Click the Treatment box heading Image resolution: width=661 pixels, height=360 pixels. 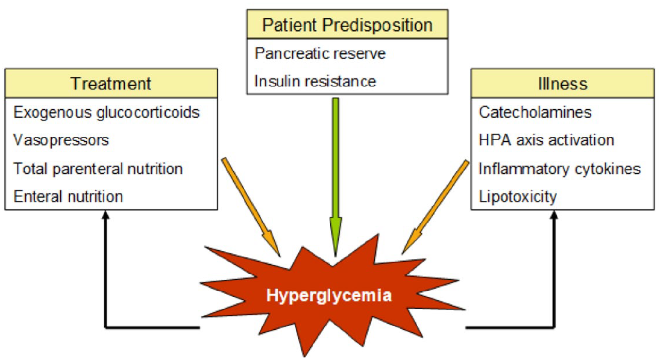coord(111,84)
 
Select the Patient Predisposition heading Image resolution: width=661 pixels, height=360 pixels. coord(348,25)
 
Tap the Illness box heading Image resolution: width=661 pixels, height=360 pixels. coord(563,84)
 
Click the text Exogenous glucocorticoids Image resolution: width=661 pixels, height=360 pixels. coord(106,113)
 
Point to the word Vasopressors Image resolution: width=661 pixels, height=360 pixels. coord(61,140)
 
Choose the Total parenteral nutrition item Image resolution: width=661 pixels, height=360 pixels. coord(98,169)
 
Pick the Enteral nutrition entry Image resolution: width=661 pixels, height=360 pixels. coord(68,197)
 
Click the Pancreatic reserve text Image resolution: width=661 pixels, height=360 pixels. coord(320,54)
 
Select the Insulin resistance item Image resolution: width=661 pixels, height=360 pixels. coord(315,81)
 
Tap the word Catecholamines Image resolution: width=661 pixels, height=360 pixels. coord(535,112)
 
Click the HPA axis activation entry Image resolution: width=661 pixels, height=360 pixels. coord(546,140)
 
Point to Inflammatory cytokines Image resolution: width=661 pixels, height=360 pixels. coord(560,169)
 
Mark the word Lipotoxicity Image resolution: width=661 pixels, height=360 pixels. coord(518,197)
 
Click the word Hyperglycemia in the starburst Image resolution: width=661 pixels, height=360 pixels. coord(329,295)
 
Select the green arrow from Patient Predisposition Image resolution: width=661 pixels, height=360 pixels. coord(336,177)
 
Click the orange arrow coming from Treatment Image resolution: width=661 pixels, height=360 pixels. coord(251,207)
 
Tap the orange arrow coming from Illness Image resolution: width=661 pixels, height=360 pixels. coord(435,207)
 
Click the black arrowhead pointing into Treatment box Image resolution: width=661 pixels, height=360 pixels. coord(105,215)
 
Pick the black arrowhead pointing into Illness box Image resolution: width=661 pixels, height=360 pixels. coord(554,215)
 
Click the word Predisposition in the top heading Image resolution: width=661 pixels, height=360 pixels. coord(377,25)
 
